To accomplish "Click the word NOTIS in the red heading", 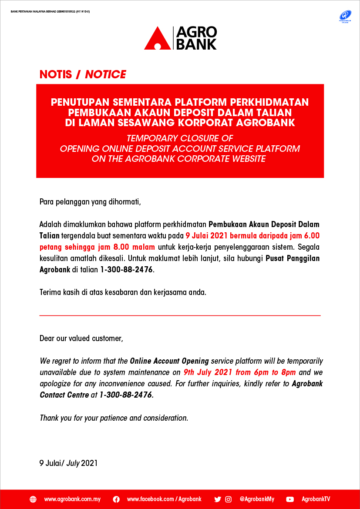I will coord(56,74).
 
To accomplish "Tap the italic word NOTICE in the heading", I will coord(105,74).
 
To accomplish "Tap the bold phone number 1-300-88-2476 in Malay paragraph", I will coord(127,270).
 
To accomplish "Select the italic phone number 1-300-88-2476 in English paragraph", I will coord(126,395).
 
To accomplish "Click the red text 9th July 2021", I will coord(207,372).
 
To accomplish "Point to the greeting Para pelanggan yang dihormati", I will coord(91,202).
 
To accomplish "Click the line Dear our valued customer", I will coord(81,338).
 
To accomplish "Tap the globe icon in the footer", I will coord(33,499).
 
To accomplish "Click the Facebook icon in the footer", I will coord(116,499).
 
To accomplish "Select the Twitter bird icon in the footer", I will coord(218,499).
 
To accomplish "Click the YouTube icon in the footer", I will coord(290,499).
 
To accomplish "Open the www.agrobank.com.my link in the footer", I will coord(72,499).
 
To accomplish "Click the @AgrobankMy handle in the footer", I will coord(257,499).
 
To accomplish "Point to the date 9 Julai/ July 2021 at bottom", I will coord(68,463).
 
